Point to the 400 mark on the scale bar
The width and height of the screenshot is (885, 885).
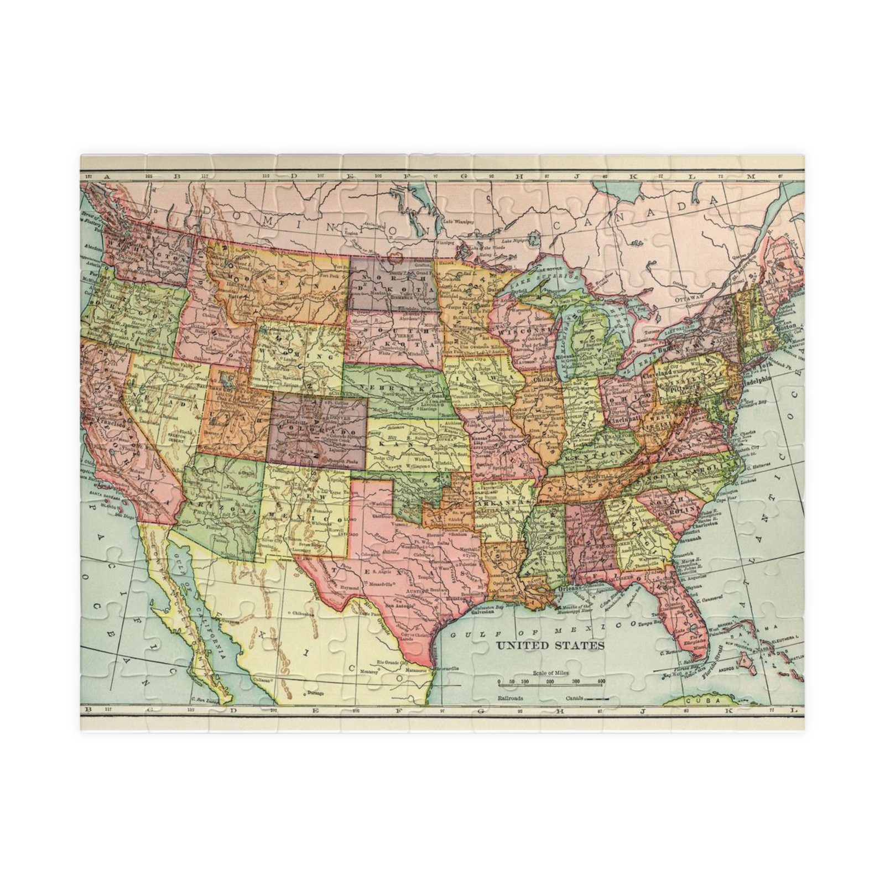(601, 681)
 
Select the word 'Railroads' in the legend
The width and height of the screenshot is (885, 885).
(511, 699)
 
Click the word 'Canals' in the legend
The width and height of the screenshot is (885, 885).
(575, 699)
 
